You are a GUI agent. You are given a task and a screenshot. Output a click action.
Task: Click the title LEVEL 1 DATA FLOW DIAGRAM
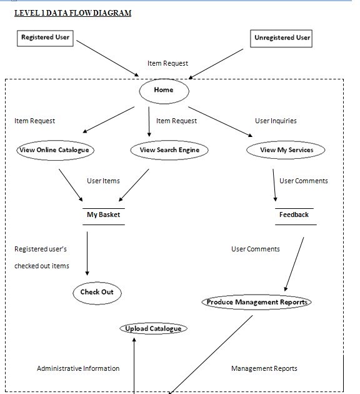72,13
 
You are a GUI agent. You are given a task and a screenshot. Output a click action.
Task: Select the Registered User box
45,38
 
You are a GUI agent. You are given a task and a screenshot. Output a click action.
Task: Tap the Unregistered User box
282,38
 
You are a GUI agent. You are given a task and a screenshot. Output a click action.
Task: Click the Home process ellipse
164,91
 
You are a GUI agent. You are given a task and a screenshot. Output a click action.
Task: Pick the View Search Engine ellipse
169,150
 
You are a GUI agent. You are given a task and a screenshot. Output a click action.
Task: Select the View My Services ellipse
286,150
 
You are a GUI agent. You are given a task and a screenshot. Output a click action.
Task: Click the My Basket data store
103,215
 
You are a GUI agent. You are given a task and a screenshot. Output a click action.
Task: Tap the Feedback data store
294,215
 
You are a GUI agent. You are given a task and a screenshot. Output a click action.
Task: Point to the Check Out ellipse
97,292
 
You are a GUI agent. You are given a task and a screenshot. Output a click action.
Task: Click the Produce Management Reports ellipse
257,302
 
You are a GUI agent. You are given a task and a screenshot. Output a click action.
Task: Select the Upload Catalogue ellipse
153,328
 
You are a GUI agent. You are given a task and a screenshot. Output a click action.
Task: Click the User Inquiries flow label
276,121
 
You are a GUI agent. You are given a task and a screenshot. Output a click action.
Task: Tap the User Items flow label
103,181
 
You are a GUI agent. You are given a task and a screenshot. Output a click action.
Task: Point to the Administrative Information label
78,368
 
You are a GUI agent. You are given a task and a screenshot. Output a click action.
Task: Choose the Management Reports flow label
264,368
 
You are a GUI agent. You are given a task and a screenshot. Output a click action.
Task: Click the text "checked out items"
42,266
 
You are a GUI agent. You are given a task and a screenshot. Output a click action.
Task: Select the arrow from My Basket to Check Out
87,253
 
